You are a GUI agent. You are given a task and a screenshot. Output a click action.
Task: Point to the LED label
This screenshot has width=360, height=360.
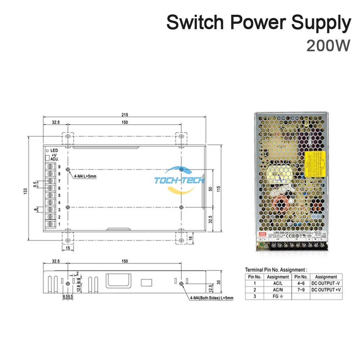[54, 150]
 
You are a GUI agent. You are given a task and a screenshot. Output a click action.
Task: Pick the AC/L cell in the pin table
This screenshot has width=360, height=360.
[278, 283]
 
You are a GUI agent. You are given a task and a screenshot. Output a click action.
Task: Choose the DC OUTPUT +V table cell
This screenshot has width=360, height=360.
[325, 290]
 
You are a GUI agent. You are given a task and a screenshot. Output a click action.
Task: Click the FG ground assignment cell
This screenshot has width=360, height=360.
[278, 296]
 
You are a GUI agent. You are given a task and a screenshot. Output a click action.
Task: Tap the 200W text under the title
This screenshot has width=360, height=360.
[328, 46]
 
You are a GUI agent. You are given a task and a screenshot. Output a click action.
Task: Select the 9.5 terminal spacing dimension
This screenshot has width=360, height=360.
[35, 184]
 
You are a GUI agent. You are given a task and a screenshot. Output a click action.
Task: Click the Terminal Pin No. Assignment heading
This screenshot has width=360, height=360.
[276, 269]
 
